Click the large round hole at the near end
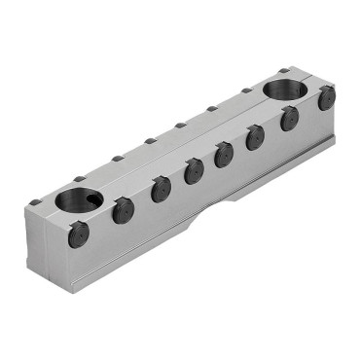pyautogui.click(x=75, y=201)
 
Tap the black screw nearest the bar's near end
pyautogui.click(x=79, y=234)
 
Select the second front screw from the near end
pyautogui.click(x=123, y=210)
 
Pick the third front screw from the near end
pyautogui.click(x=161, y=189)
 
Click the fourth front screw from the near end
pyautogui.click(x=195, y=171)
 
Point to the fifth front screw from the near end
pyautogui.click(x=225, y=155)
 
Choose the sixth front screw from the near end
pyautogui.click(x=256, y=138)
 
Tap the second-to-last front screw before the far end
pyautogui.click(x=289, y=119)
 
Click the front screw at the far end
pyautogui.click(x=326, y=97)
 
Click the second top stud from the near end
pyautogui.click(x=79, y=179)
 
